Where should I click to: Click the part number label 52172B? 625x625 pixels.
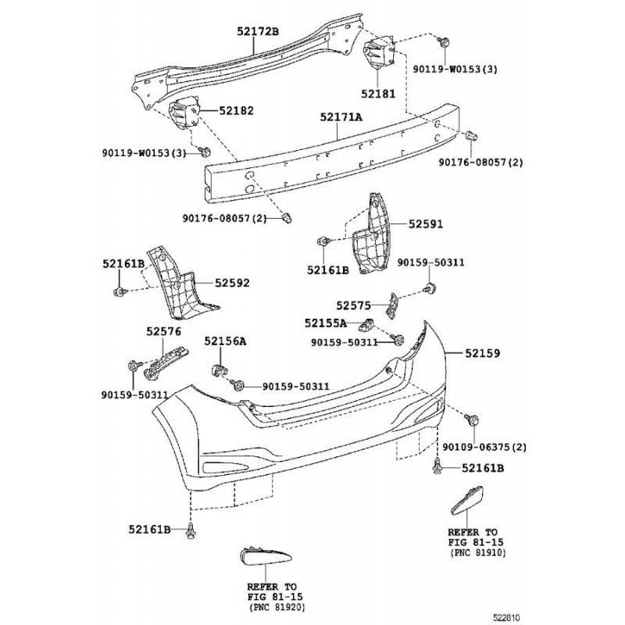(x=258, y=31)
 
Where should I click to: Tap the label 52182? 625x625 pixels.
(x=236, y=112)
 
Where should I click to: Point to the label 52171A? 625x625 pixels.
(x=341, y=116)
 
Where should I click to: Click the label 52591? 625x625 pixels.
(x=425, y=223)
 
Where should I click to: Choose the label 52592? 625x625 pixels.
(x=233, y=283)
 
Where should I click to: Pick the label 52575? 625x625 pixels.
(x=355, y=305)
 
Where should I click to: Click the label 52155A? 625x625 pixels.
(x=325, y=323)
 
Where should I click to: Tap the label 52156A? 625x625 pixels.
(x=225, y=341)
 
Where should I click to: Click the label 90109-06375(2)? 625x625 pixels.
(x=484, y=447)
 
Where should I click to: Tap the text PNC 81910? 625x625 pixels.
(x=478, y=552)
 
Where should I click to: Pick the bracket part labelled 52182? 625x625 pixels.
(x=185, y=116)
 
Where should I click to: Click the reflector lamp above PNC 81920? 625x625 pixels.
(x=266, y=557)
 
